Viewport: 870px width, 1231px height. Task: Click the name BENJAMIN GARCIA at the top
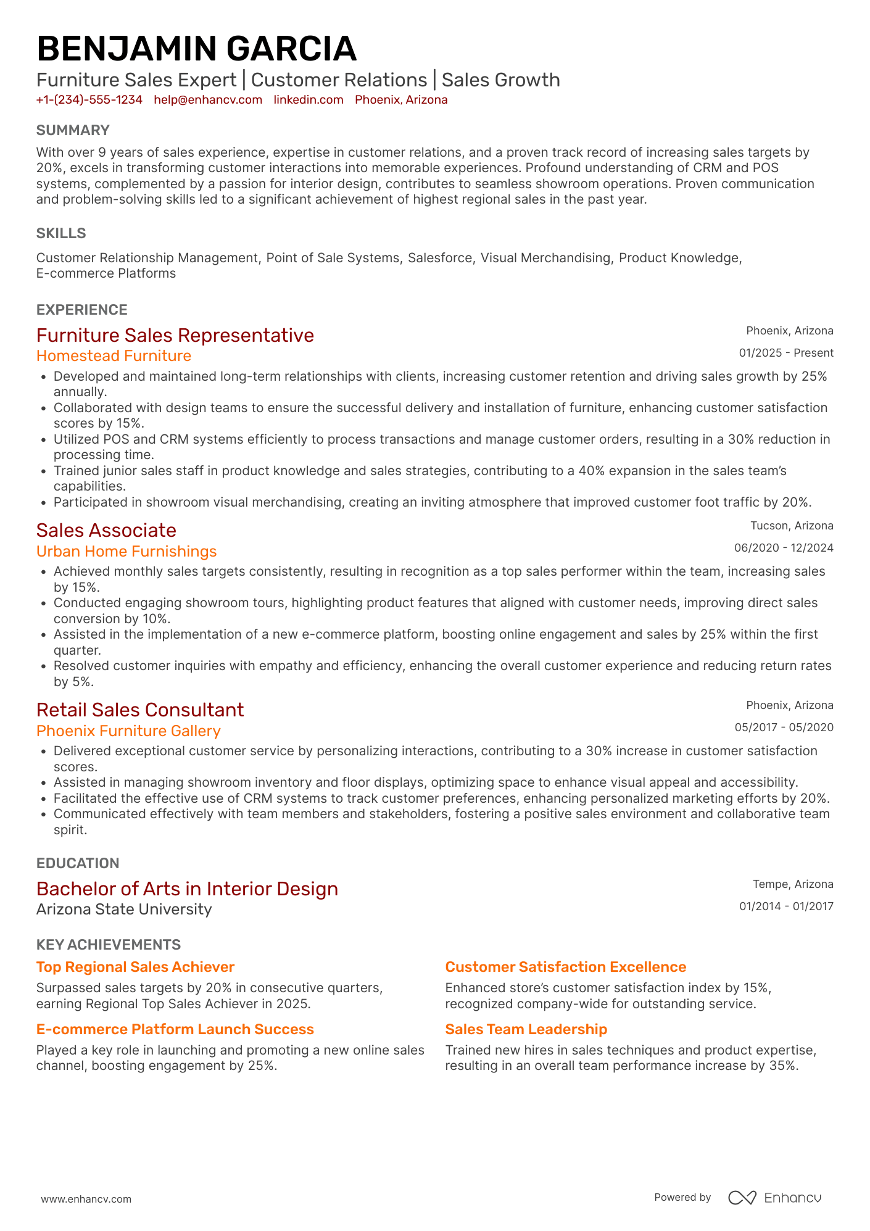coord(196,49)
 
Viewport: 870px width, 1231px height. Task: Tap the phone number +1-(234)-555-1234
coord(89,100)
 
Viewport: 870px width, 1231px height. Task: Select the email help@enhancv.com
coord(208,100)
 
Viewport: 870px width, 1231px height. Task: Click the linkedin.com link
coord(309,100)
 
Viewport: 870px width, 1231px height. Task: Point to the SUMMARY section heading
coord(73,130)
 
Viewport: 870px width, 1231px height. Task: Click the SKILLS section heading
coord(61,233)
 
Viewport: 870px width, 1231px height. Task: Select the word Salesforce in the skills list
coord(440,258)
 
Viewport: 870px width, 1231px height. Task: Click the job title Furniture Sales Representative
coord(175,335)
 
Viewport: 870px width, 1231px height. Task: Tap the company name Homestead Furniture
coord(114,356)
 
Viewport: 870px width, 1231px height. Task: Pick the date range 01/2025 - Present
coord(786,353)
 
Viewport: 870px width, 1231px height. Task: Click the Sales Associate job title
coord(106,530)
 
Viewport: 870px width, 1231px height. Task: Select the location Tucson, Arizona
coord(792,526)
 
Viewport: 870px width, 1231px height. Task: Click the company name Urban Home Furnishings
coord(126,552)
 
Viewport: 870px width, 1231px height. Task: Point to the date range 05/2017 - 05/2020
coord(784,727)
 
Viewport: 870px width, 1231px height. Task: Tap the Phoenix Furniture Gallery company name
coord(128,731)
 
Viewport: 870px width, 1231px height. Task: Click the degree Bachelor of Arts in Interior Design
coord(187,889)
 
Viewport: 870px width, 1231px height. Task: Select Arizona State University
coord(124,910)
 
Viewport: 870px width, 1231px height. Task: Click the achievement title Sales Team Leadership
coord(526,1029)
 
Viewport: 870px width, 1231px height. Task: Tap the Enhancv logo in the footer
coord(775,1198)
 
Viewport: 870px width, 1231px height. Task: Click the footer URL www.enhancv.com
coord(86,1199)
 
